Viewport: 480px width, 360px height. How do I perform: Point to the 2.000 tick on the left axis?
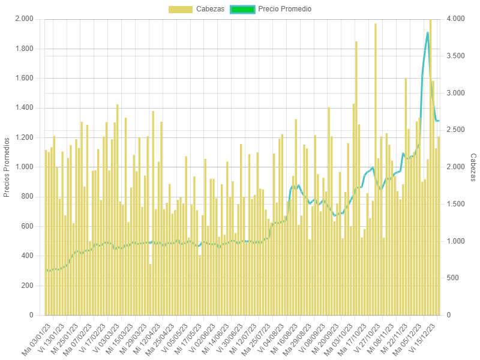[25, 19]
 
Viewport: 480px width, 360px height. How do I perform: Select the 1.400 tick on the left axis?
[25, 107]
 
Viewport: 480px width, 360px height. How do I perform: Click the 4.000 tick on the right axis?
[457, 19]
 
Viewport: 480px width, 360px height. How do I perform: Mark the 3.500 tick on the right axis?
[457, 56]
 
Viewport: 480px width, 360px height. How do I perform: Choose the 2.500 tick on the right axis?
[457, 130]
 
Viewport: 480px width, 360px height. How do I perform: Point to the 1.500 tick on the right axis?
[457, 204]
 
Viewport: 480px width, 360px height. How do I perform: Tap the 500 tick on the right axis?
[454, 278]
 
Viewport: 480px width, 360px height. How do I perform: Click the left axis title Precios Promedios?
[7, 167]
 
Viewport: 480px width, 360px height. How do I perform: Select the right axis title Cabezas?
[473, 167]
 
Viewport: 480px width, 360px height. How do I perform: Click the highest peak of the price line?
[428, 32]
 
